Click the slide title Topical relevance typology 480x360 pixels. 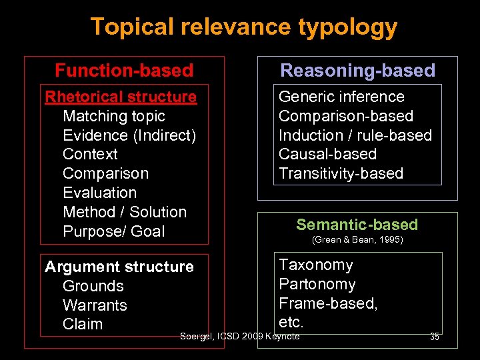243,27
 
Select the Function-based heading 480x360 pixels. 124,71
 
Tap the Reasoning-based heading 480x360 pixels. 357,71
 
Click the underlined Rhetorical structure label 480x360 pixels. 121,97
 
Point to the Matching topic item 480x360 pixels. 113,116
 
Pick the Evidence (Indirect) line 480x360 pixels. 129,135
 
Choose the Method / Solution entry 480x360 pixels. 125,212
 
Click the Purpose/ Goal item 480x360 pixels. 113,231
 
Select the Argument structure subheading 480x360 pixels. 119,267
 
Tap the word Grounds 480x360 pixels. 93,286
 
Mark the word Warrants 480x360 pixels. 95,305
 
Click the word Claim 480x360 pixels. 83,325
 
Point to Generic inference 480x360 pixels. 341,97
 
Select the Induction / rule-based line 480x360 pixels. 355,135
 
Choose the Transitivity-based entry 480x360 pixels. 341,173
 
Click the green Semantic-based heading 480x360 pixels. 357,225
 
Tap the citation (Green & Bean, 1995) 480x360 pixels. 357,239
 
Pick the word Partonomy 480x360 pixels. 317,284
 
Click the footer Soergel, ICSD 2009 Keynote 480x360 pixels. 240,336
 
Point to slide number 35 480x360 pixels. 434,337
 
